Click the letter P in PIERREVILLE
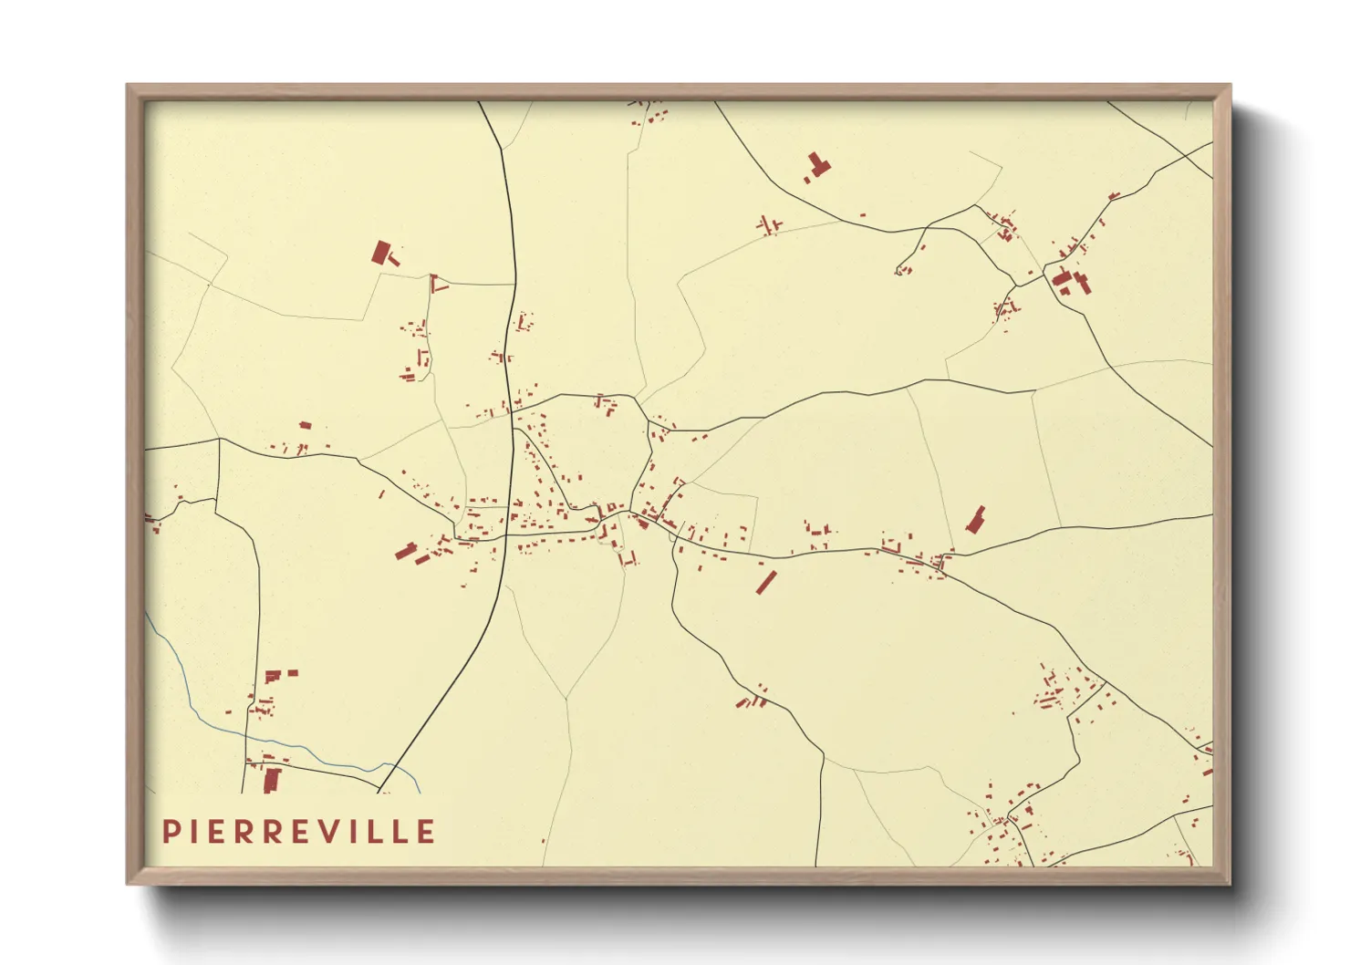[171, 832]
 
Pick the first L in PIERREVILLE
[373, 832]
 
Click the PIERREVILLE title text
[298, 832]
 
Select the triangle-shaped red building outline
[439, 284]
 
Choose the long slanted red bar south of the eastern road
[765, 581]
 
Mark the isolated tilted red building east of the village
[976, 520]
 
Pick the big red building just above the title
[271, 781]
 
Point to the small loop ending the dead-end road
[901, 270]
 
